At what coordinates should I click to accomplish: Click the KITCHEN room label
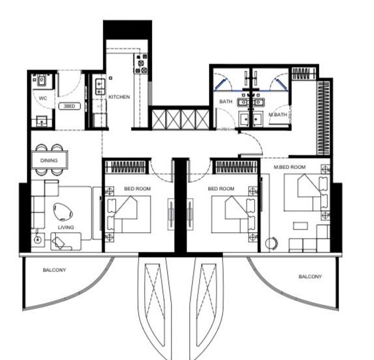(119, 97)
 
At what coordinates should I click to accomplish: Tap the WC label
(43, 98)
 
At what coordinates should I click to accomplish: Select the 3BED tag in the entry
(69, 106)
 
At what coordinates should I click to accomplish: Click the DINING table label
(49, 161)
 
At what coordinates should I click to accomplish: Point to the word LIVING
(66, 228)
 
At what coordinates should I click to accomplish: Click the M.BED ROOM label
(290, 167)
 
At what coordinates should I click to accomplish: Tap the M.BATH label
(278, 115)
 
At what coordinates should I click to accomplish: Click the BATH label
(225, 102)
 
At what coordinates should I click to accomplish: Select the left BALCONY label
(54, 270)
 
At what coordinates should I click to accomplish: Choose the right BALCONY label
(310, 277)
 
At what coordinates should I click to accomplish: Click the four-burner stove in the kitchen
(141, 63)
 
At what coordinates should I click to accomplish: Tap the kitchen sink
(100, 87)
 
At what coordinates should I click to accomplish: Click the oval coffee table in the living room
(63, 212)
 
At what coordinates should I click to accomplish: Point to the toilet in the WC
(41, 80)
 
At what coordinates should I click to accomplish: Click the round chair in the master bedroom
(271, 243)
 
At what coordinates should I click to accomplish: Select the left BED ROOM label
(138, 189)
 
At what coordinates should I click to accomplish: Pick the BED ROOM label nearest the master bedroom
(221, 189)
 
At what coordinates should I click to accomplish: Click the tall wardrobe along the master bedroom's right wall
(324, 118)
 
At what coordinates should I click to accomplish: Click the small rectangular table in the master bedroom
(300, 226)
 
